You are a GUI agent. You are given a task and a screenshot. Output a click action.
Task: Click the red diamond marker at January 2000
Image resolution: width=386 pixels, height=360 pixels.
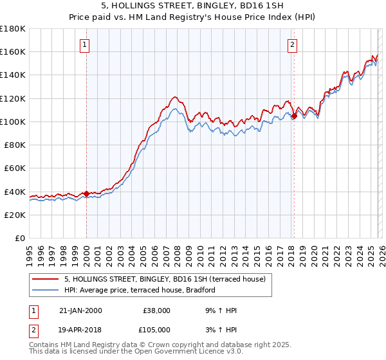pyautogui.click(x=86, y=194)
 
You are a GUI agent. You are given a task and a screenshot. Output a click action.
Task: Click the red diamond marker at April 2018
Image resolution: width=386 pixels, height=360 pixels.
pyautogui.click(x=294, y=116)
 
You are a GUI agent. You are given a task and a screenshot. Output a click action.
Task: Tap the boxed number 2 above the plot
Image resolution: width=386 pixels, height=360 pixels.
pyautogui.click(x=293, y=44)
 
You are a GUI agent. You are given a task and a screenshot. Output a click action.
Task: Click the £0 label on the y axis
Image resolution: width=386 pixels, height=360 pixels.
pyautogui.click(x=21, y=238)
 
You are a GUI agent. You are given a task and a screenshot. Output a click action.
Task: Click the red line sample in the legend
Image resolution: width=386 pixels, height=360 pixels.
pyautogui.click(x=46, y=279)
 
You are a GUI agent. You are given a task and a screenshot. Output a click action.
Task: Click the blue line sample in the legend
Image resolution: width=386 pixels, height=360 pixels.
pyautogui.click(x=46, y=291)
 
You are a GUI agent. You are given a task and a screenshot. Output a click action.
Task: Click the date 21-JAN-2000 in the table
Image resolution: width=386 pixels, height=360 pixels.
pyautogui.click(x=80, y=310)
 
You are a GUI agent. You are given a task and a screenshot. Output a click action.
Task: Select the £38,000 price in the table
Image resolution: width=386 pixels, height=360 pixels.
pyautogui.click(x=157, y=310)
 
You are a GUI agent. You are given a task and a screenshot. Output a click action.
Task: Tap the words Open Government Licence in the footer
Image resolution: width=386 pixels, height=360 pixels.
pyautogui.click(x=183, y=352)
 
